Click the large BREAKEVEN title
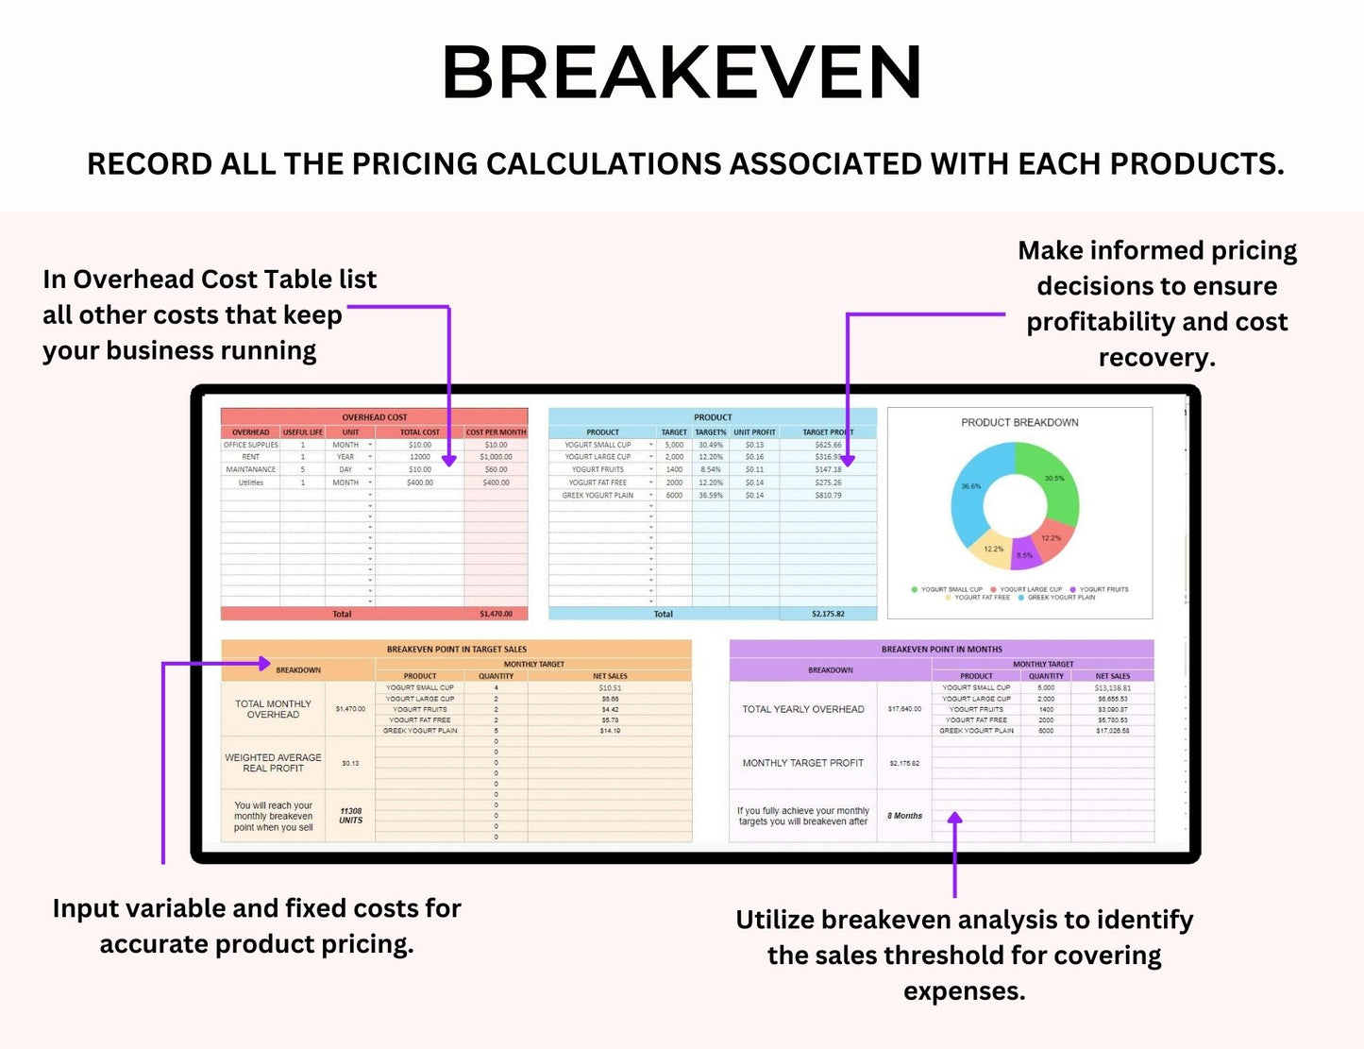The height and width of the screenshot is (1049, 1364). [682, 73]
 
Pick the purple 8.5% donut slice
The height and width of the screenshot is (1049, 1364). [1024, 556]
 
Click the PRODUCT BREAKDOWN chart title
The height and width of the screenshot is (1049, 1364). [1019, 422]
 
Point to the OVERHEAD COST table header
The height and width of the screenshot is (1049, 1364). [374, 416]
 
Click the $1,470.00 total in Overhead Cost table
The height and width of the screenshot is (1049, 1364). [496, 614]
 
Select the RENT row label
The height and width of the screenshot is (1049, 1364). [250, 457]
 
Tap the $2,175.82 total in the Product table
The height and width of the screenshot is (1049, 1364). [828, 614]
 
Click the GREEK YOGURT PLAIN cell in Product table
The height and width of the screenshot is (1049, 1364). [598, 495]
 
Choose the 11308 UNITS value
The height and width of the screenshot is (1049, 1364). [350, 816]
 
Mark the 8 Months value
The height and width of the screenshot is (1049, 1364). [904, 816]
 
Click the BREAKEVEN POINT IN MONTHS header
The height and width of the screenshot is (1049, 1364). [941, 650]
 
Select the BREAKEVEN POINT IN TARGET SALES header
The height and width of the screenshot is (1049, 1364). [456, 650]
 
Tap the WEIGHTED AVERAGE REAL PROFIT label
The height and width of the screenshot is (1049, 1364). [273, 763]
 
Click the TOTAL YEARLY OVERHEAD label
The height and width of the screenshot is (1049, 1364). [802, 709]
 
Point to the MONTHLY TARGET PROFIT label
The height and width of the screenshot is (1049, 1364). [802, 763]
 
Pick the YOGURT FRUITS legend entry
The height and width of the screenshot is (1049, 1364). [1103, 589]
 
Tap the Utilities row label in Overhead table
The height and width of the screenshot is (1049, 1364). [250, 482]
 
